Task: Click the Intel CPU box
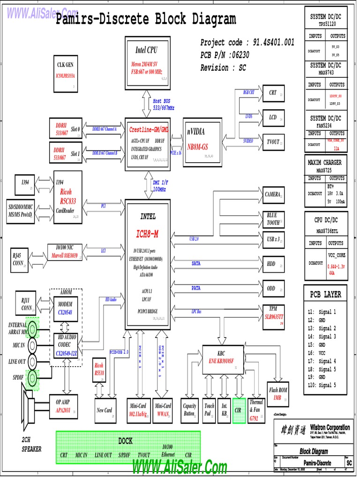pyautogui.click(x=146, y=62)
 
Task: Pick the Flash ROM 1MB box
pyautogui.click(x=278, y=393)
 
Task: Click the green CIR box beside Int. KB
pyautogui.click(x=239, y=410)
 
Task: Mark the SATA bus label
pyautogui.click(x=196, y=263)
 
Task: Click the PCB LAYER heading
pyautogui.click(x=325, y=294)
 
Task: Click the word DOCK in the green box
pyautogui.click(x=125, y=441)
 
